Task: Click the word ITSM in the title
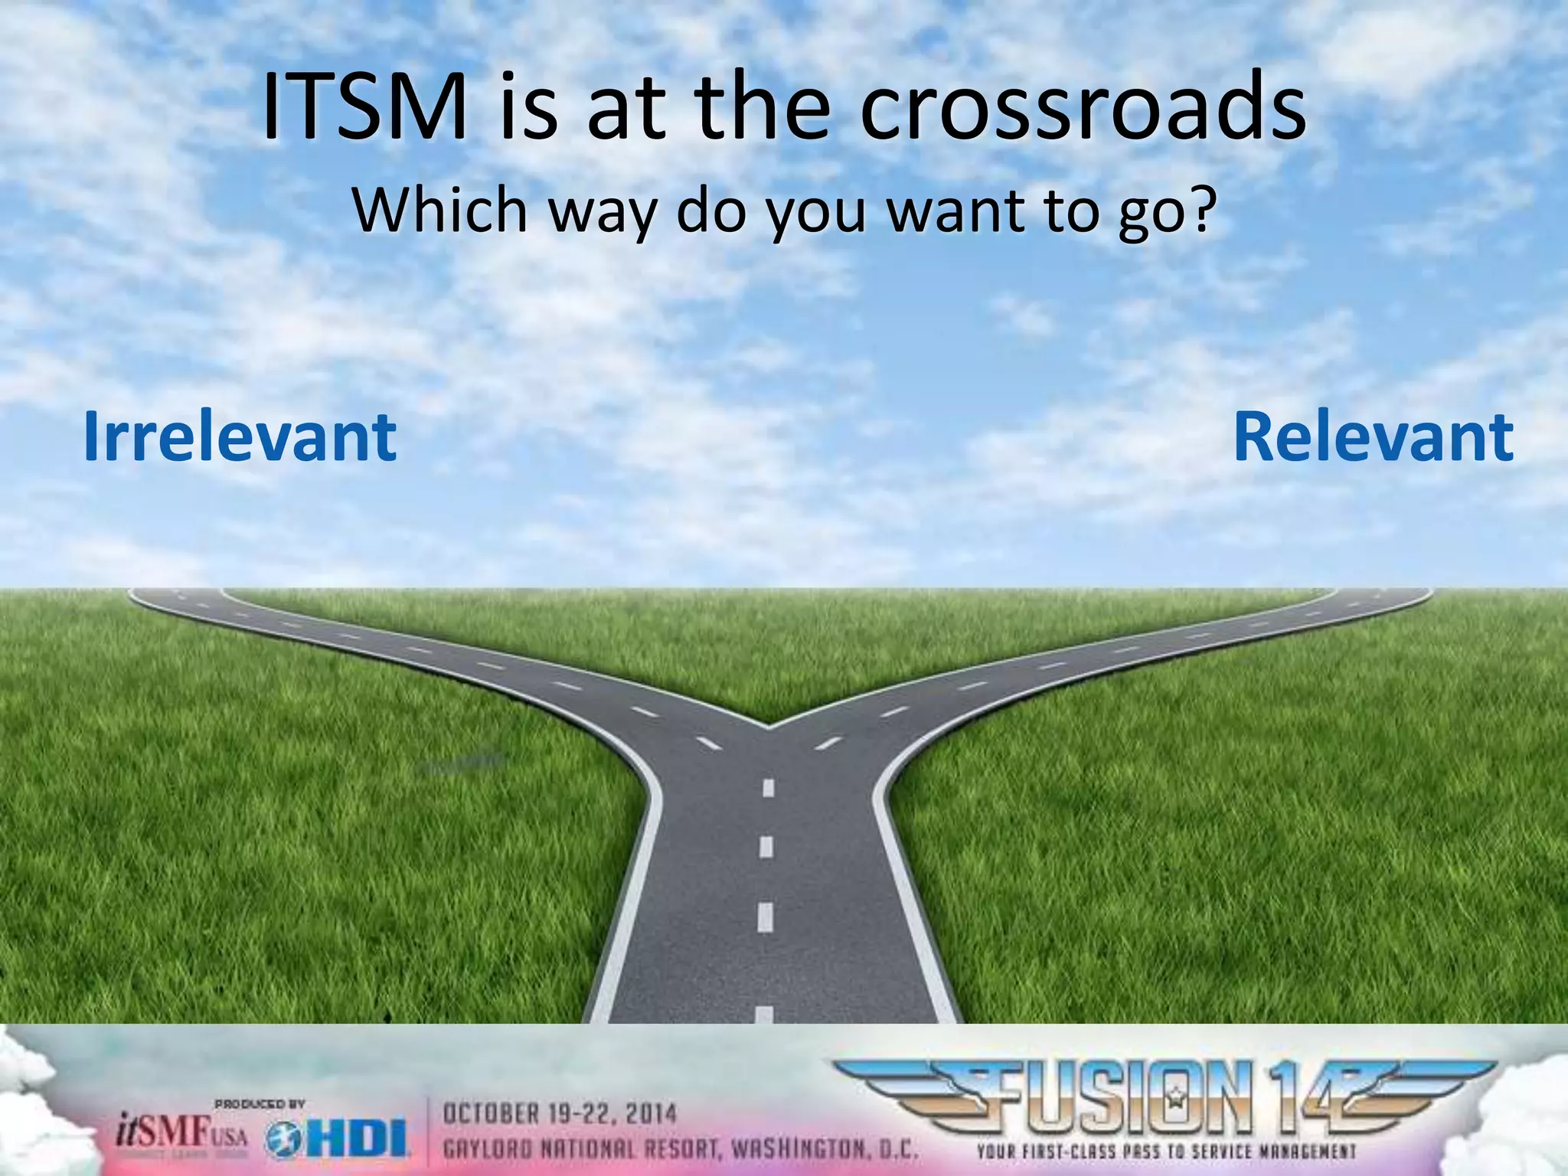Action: pyautogui.click(x=364, y=109)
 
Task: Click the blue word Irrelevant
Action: pyautogui.click(x=240, y=437)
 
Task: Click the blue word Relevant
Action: pyautogui.click(x=1373, y=437)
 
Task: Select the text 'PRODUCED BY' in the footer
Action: pyautogui.click(x=260, y=1104)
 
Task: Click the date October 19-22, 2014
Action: pyautogui.click(x=560, y=1114)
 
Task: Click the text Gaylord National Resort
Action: pyautogui.click(x=582, y=1149)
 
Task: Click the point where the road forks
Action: pyautogui.click(x=768, y=724)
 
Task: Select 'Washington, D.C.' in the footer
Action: pyautogui.click(x=824, y=1149)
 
